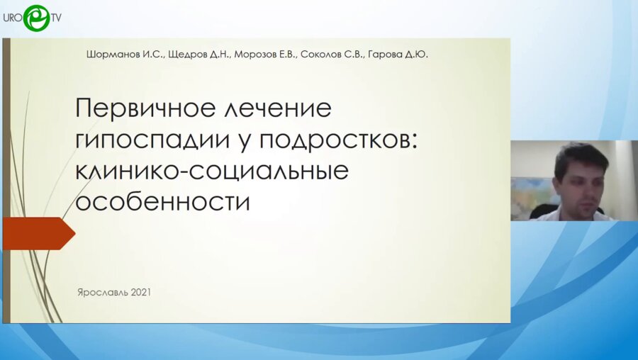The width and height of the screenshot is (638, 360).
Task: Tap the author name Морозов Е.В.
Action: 264,55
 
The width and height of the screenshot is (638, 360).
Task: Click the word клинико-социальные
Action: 212,171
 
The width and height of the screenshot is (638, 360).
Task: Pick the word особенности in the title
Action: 163,201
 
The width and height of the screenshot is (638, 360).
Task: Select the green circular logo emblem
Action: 35,18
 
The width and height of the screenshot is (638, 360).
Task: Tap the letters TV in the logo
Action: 55,18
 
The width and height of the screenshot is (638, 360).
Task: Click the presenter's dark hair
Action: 579,152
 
